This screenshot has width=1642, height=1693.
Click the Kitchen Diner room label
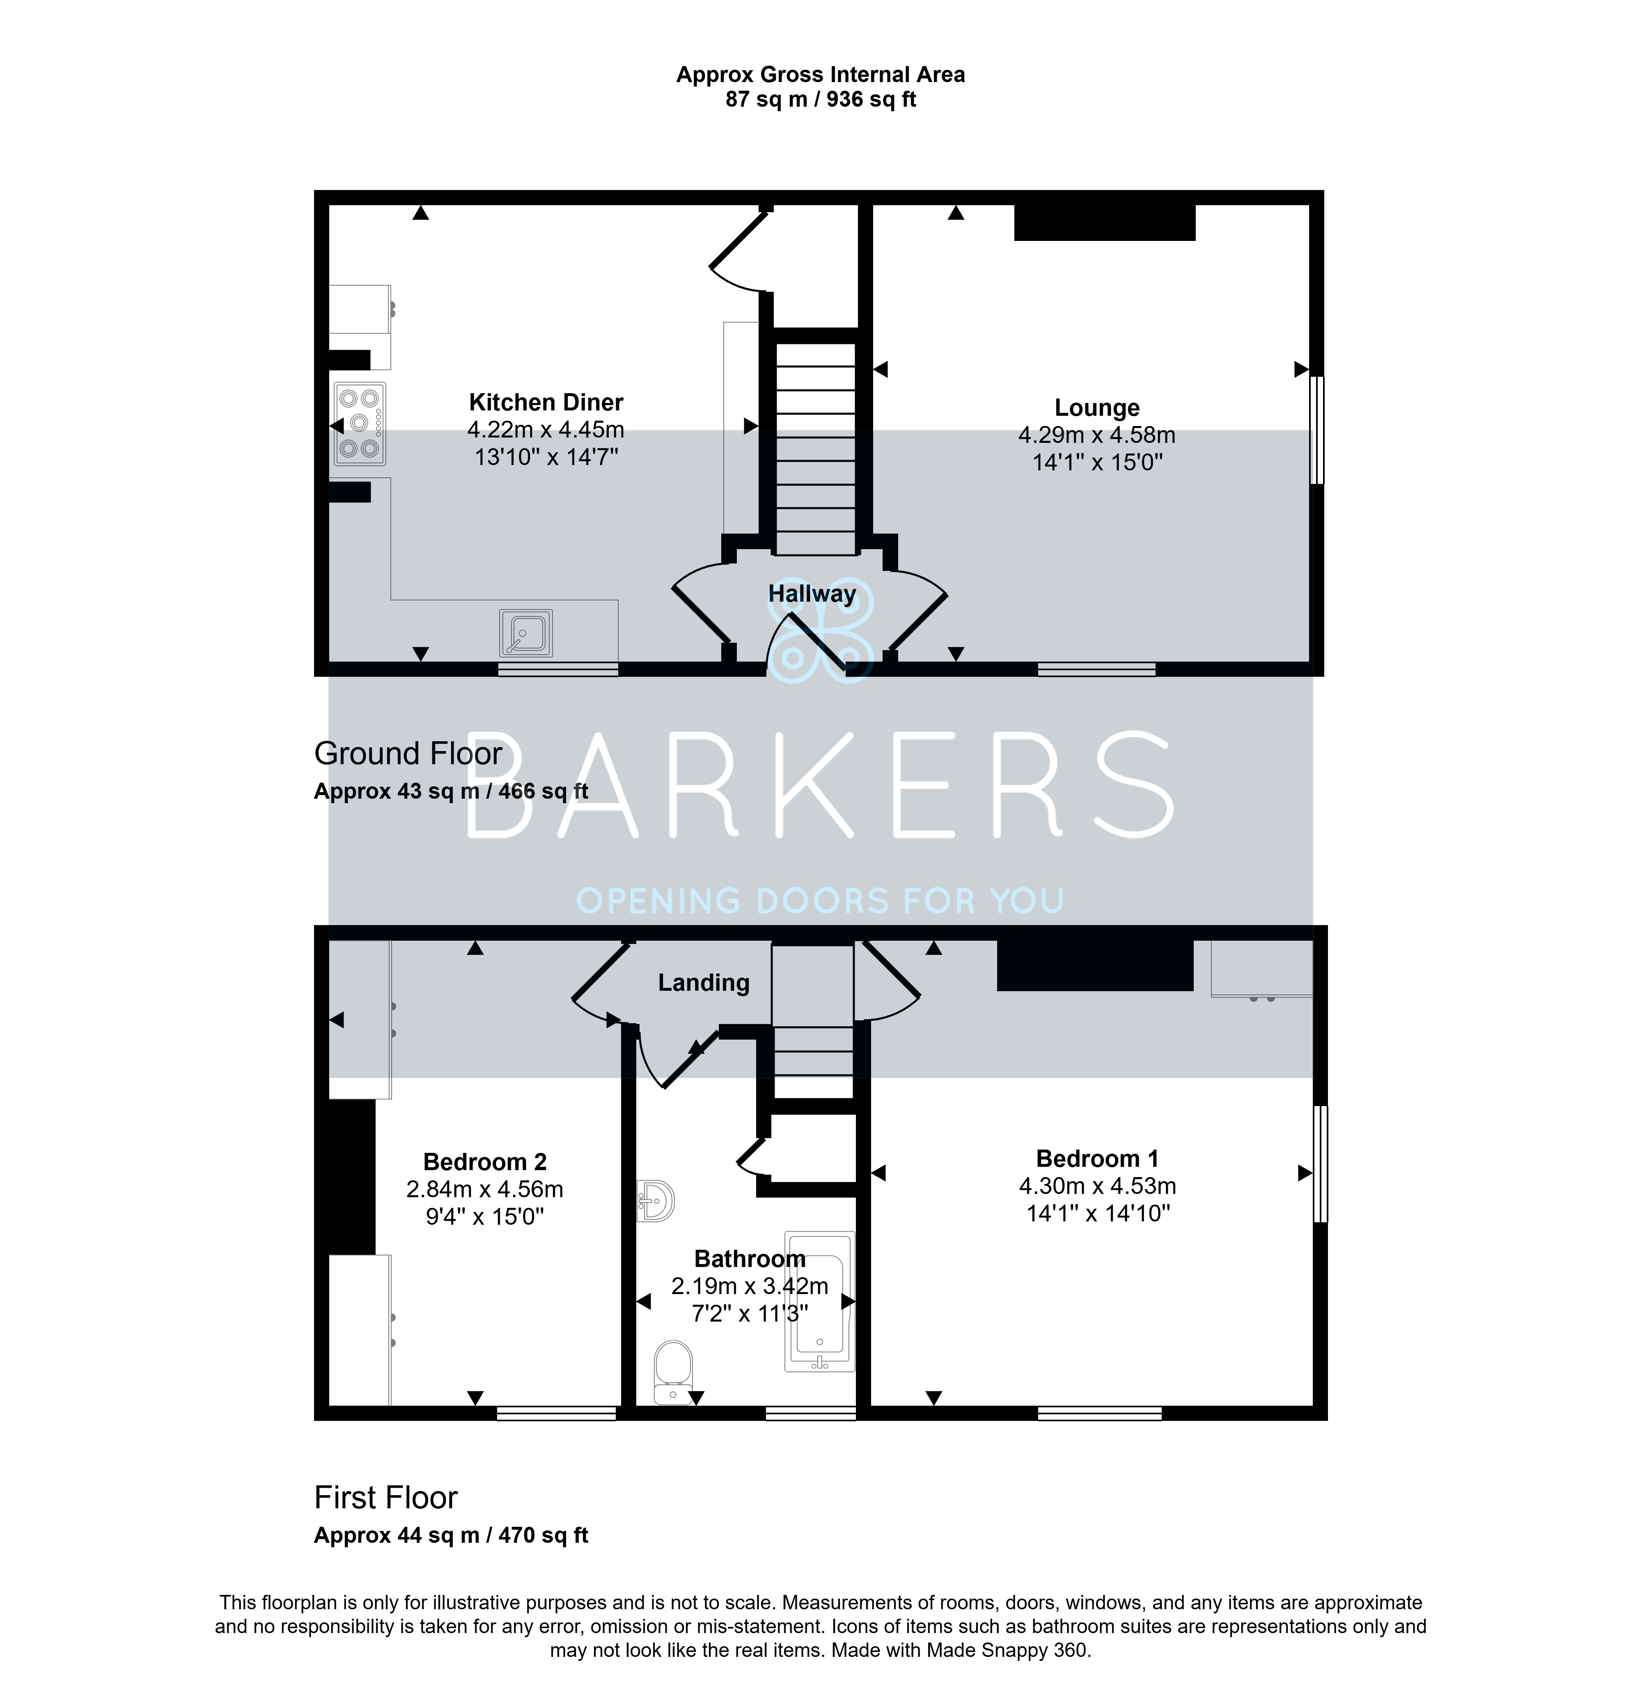546,403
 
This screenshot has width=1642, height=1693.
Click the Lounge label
1097,408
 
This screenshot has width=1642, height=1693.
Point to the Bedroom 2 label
484,1162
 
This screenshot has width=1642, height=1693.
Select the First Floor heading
385,1497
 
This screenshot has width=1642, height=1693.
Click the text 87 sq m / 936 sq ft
821,99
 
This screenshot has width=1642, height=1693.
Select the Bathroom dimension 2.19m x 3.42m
750,1286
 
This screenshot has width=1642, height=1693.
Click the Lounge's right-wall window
1316,429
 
